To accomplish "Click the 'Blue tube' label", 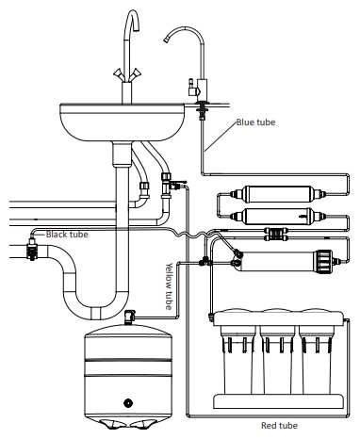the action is click(x=255, y=122).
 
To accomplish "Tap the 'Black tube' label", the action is click(x=67, y=235).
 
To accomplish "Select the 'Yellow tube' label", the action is click(x=169, y=285).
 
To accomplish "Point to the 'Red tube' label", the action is click(x=279, y=426).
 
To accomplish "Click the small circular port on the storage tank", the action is click(x=128, y=402).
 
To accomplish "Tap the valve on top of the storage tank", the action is click(x=129, y=317).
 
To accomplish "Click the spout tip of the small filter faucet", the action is click(x=166, y=40).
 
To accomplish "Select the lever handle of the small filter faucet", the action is click(x=191, y=88).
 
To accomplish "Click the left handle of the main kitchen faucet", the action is click(x=118, y=74).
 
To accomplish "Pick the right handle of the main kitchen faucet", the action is click(x=135, y=74).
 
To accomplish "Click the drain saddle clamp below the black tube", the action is click(x=31, y=249).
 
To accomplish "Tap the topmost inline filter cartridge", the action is click(x=278, y=194).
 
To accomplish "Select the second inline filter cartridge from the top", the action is click(x=278, y=216).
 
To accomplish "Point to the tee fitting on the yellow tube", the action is click(x=205, y=260).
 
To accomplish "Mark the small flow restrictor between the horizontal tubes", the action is click(x=276, y=234).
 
